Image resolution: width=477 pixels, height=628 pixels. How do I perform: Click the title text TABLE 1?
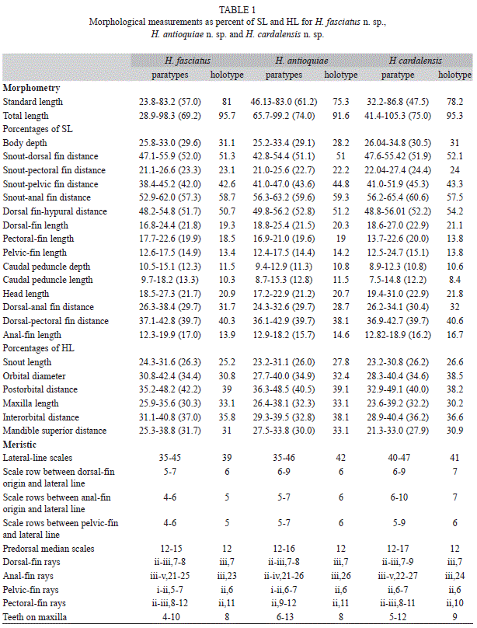[x=237, y=9]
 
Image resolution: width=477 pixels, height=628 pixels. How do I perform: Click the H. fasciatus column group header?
[x=187, y=61]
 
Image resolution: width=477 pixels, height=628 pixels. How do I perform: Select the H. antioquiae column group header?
[x=301, y=61]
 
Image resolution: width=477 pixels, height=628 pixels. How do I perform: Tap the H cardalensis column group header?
[x=416, y=61]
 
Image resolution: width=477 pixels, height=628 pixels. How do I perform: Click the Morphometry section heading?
[x=31, y=88]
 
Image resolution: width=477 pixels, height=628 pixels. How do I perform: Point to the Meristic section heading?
[x=19, y=445]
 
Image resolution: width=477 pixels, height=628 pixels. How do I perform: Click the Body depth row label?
[x=25, y=143]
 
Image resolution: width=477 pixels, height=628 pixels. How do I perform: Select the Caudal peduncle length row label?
[x=47, y=280]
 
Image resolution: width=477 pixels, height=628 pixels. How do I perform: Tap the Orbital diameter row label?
[x=34, y=376]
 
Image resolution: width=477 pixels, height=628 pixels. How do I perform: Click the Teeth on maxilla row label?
[x=34, y=617]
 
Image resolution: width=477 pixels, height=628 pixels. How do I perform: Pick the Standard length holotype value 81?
[x=227, y=102]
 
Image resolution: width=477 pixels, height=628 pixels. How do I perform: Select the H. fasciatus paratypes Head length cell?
[x=170, y=294]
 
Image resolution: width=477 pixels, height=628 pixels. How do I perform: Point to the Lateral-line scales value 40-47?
[x=399, y=457]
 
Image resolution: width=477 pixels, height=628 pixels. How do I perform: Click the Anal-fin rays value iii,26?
[x=341, y=575]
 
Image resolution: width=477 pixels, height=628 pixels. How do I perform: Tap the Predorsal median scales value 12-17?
[x=398, y=548]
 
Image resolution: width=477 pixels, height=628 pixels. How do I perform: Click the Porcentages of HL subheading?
[x=38, y=348]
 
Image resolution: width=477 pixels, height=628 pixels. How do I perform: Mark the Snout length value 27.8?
[x=341, y=362]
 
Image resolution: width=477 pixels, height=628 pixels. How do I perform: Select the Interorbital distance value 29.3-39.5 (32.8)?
[x=284, y=417]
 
